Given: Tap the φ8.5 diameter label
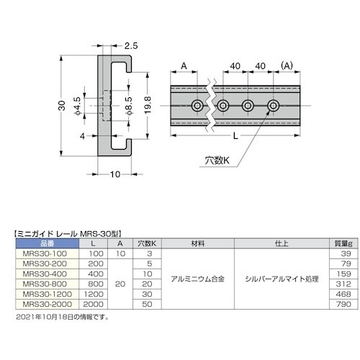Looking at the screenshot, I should (129, 110).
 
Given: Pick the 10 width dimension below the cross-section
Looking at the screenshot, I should (115, 174).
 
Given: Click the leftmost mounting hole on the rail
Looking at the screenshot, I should (197, 107).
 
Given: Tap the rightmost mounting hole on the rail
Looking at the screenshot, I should (274, 107).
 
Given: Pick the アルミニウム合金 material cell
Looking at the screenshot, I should (194, 279).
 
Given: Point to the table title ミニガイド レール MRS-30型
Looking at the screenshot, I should (69, 233).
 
